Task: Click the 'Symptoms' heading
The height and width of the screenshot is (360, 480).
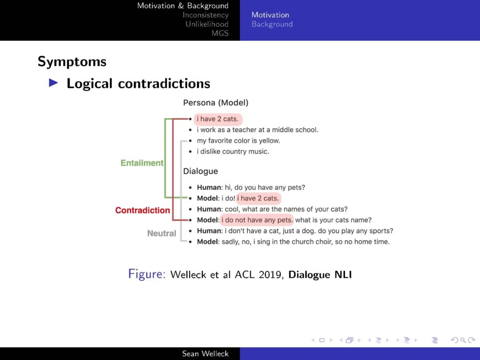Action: point(72,61)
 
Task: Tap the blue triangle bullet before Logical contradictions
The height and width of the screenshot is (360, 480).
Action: point(53,83)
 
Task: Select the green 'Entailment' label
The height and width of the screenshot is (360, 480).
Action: point(142,163)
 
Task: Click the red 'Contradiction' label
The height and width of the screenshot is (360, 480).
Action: point(142,210)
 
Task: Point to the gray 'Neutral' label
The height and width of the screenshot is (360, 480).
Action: point(161,233)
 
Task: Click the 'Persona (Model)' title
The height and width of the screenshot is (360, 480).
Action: point(216,103)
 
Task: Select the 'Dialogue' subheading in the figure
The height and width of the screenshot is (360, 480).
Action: point(200,171)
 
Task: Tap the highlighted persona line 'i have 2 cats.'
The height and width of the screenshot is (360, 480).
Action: point(218,119)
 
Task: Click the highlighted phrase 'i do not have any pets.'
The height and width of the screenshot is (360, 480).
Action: point(257,220)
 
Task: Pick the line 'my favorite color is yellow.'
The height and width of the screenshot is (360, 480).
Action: point(238,141)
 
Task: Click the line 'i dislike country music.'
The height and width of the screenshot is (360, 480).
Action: point(233,152)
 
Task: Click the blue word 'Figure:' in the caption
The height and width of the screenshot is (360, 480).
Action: point(147,274)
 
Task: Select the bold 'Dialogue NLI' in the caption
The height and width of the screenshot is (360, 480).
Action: point(320,275)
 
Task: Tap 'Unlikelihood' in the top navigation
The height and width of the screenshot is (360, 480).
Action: point(207,24)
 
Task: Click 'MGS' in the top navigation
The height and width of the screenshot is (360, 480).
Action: point(220,33)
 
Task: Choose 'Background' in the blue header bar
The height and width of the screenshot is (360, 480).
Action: point(272,24)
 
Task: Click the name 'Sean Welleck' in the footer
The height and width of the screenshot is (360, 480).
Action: point(205,354)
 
